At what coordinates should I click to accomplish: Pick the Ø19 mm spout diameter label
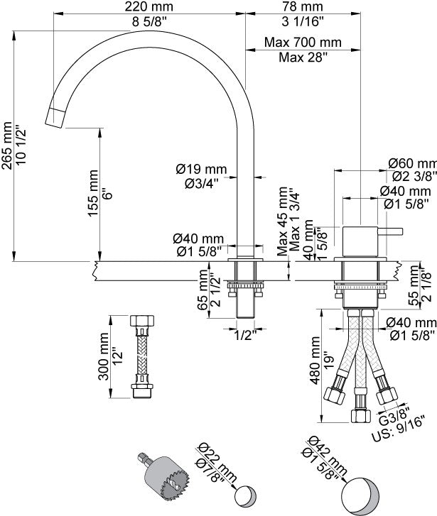tap(201, 169)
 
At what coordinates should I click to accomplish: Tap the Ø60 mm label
tap(411, 163)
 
